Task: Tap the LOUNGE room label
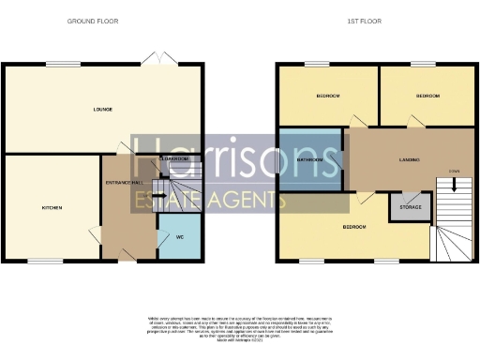point(102,110)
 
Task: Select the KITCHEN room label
point(52,207)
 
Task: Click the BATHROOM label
point(310,160)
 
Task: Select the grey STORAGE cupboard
point(410,206)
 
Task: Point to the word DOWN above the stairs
point(454,170)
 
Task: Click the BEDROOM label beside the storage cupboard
point(353,228)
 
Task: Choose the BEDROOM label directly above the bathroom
point(326,96)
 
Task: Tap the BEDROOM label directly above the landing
point(427,96)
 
